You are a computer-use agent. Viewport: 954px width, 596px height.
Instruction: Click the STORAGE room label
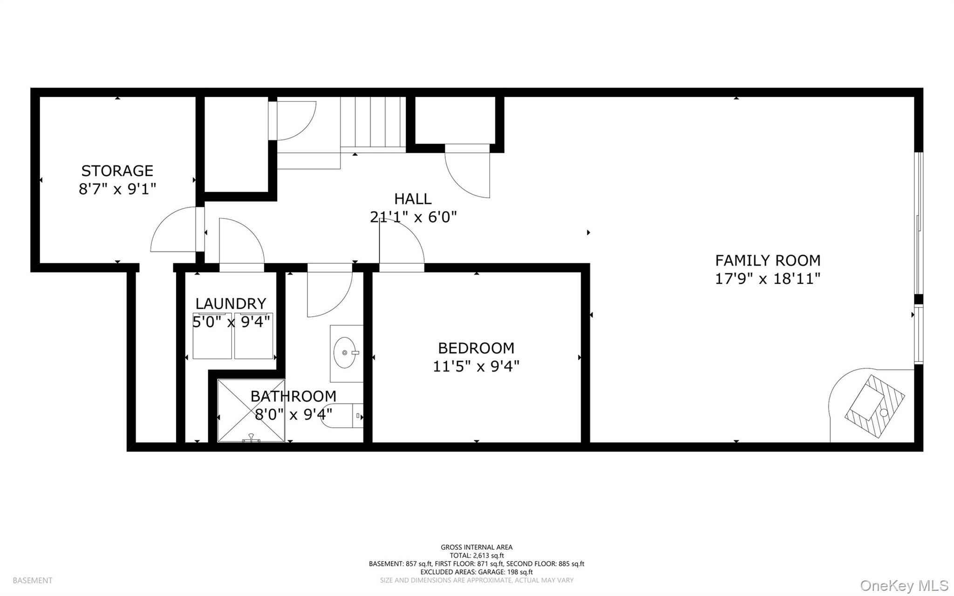point(117,171)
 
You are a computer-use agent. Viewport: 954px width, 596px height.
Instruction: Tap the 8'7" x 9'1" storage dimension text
point(117,189)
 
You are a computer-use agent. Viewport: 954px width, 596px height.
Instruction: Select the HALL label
point(413,199)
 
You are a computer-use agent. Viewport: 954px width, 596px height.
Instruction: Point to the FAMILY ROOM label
point(768,260)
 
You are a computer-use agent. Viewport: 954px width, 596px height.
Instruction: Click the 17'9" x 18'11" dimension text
point(768,279)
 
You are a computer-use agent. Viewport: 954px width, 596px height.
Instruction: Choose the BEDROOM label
point(476,348)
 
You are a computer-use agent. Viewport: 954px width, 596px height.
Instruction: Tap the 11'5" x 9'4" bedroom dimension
point(476,367)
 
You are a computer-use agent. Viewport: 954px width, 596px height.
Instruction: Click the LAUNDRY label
point(231,304)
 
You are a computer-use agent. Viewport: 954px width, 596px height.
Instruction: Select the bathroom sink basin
point(346,353)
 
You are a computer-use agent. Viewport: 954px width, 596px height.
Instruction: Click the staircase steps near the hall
point(373,122)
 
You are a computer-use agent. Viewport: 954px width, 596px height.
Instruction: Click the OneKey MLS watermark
point(904,585)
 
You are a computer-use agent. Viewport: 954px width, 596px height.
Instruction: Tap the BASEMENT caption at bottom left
point(33,581)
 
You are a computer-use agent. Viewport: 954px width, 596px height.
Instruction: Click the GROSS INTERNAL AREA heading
point(477,547)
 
